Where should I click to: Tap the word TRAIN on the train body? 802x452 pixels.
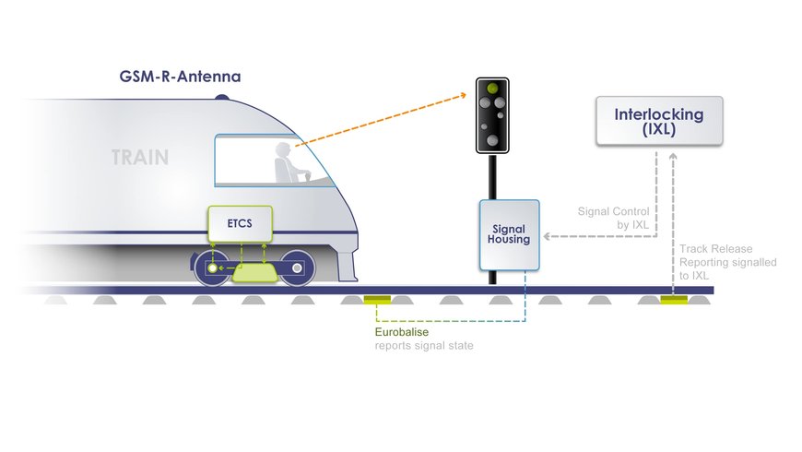[140, 157]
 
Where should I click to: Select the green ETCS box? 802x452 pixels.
[239, 222]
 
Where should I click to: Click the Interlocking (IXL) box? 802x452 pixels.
[658, 122]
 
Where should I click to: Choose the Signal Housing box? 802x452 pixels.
[509, 234]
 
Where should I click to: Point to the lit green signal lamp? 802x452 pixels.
[493, 89]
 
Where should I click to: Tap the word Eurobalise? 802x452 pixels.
[399, 332]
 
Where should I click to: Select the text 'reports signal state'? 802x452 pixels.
[423, 346]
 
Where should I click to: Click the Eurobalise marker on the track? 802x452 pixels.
[378, 299]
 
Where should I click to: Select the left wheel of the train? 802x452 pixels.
[214, 268]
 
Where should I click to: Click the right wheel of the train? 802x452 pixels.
[297, 268]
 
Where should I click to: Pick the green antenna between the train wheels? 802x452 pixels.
[254, 273]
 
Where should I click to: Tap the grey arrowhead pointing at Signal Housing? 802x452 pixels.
[548, 237]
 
